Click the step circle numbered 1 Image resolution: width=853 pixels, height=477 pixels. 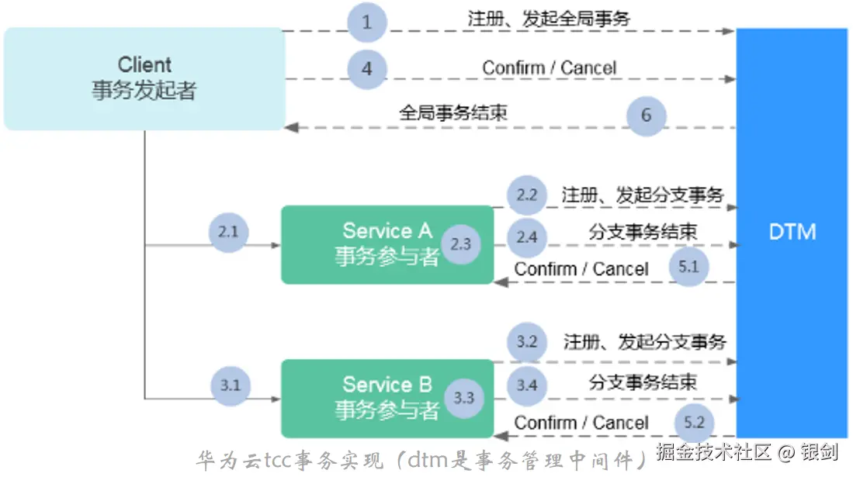coord(367,22)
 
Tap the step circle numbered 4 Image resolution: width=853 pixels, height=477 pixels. coord(367,68)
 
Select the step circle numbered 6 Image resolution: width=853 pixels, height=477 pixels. coord(646,116)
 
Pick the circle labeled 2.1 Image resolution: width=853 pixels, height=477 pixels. coord(230,231)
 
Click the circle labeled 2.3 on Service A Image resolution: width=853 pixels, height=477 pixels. coord(461,244)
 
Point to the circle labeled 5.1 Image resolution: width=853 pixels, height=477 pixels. coord(689,266)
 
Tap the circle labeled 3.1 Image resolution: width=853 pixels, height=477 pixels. coord(231,385)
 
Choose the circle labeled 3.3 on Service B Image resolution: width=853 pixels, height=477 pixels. coord(464,398)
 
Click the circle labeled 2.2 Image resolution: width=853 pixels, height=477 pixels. coord(527,195)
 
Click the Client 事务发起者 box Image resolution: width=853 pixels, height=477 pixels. coord(144,78)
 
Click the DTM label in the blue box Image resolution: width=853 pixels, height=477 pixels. coord(792,232)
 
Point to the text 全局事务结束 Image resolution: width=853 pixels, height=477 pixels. coord(453,112)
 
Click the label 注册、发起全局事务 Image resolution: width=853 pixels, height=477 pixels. coord(549,19)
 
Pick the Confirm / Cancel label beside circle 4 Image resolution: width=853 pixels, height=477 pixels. coord(549,68)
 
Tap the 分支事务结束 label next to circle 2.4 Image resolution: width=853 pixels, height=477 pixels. coord(643,231)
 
